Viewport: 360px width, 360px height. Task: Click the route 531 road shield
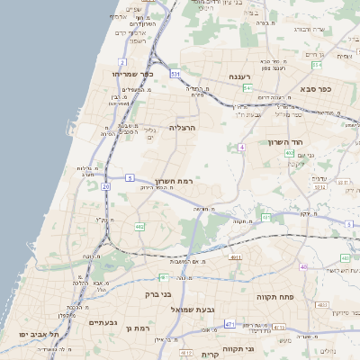point(175,73)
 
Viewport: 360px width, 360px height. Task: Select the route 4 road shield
point(242,146)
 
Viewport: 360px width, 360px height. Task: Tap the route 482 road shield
point(139,227)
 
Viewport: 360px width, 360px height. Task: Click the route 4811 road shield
point(236,257)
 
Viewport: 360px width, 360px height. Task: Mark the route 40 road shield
point(304,267)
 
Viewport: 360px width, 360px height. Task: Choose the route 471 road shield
point(230,324)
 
